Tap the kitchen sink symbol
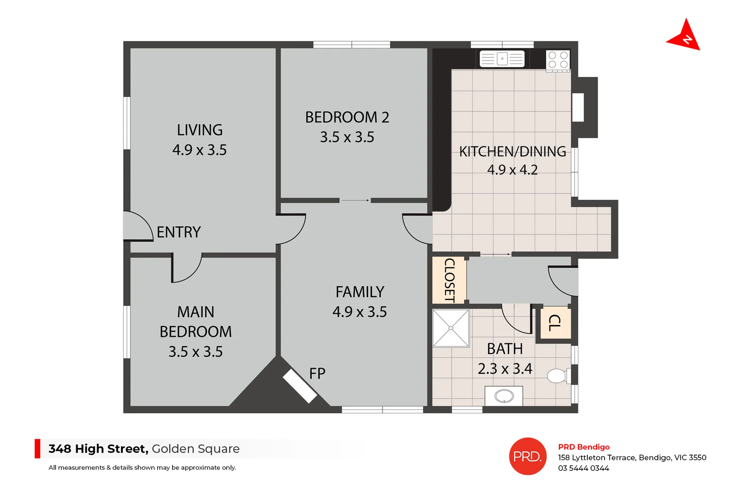coord(502,59)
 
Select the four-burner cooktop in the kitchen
coord(558,61)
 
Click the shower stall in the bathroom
coord(451,328)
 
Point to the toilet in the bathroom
coord(558,375)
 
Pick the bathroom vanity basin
coord(504,396)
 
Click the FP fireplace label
coord(317,374)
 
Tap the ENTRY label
coord(178,232)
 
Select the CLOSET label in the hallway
coord(449,280)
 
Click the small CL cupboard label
coord(554,323)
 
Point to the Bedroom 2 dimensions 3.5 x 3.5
coord(347,137)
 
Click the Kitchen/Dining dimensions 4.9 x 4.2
coord(512,170)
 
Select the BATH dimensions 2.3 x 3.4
coord(505,369)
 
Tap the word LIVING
coord(200,130)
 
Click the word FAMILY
coord(359,292)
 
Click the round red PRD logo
coord(527,456)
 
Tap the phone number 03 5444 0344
coord(583,468)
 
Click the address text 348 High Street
coord(98,449)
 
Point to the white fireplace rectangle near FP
coord(300,386)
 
